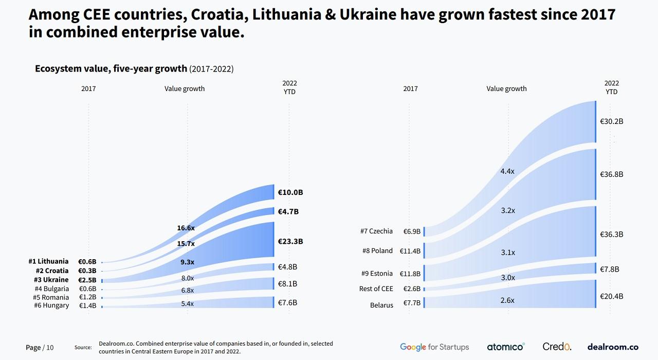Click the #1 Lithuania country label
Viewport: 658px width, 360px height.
pos(48,262)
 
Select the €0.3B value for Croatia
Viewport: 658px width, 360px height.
pos(87,271)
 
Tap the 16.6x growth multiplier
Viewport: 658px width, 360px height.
pos(186,228)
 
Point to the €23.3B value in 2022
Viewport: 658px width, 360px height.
pos(290,241)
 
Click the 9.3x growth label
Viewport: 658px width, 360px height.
pos(187,262)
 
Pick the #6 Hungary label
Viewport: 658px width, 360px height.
pos(51,305)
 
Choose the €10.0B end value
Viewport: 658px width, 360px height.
pos(290,192)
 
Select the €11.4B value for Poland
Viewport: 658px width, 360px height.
pos(410,251)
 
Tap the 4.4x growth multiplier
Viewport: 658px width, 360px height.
pos(507,171)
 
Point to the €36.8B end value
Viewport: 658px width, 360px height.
pos(612,174)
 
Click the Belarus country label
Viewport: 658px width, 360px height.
pos(381,305)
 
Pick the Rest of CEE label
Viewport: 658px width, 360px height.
pos(376,289)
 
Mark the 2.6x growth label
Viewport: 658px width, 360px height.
pos(507,300)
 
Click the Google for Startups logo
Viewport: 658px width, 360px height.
pos(434,347)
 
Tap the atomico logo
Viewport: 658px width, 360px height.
pos(506,347)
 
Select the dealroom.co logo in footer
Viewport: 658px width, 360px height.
pos(613,347)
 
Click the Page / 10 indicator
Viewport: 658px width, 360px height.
pos(40,348)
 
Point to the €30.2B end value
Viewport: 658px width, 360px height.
pos(612,122)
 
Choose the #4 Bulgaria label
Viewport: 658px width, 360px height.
pos(51,289)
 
